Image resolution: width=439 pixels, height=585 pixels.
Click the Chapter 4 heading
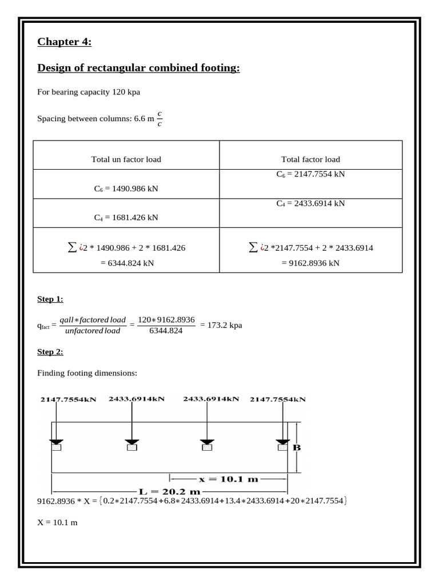point(64,42)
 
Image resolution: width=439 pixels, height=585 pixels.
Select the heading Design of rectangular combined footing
point(138,69)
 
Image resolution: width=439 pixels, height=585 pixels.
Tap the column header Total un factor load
point(126,159)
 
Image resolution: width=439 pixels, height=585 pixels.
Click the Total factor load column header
point(310,159)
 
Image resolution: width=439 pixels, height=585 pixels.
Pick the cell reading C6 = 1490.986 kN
point(126,187)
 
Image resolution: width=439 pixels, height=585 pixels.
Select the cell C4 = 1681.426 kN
point(126,217)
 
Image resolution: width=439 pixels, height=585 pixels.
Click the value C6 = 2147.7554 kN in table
point(310,174)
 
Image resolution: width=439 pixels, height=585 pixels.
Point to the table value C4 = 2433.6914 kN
point(310,203)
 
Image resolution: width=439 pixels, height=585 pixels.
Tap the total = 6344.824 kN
point(126,263)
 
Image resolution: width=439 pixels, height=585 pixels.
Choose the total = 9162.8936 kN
point(310,263)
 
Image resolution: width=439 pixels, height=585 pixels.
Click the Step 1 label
point(50,299)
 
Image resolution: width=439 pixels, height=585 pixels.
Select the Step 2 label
point(50,352)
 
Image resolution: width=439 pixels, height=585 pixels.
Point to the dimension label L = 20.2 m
point(170,491)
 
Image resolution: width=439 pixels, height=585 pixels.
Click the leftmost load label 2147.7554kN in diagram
point(68,400)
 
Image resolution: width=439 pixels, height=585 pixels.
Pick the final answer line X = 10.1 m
point(57,523)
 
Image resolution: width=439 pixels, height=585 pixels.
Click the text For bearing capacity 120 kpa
point(89,91)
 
